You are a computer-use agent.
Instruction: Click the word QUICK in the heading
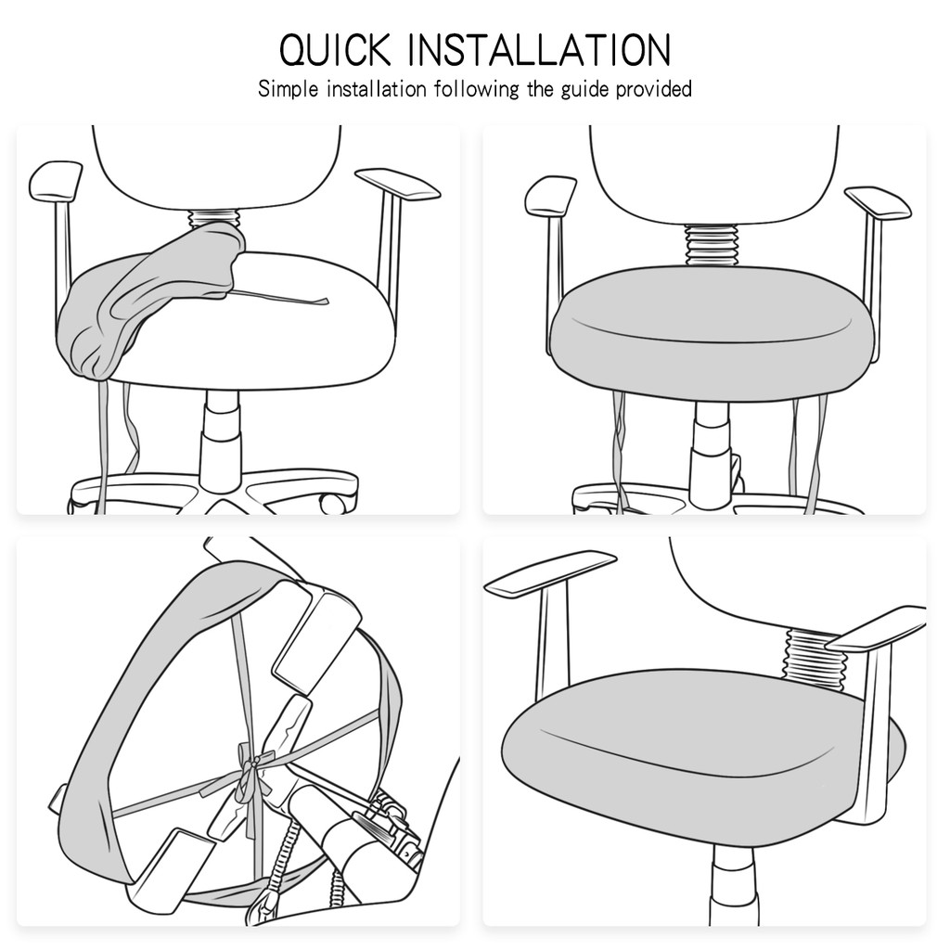(335, 50)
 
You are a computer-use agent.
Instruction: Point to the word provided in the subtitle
(654, 89)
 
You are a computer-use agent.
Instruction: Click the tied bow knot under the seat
(250, 778)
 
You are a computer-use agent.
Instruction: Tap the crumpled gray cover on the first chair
(151, 297)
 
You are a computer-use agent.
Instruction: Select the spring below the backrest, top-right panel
(712, 245)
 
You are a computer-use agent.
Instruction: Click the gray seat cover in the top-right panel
(712, 333)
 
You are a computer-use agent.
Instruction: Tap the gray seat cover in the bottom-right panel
(703, 757)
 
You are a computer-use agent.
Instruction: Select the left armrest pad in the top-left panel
(56, 182)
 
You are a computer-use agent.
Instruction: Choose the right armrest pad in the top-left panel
(397, 185)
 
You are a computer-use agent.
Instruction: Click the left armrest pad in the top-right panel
(550, 195)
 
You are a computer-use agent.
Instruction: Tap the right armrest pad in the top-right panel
(878, 203)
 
